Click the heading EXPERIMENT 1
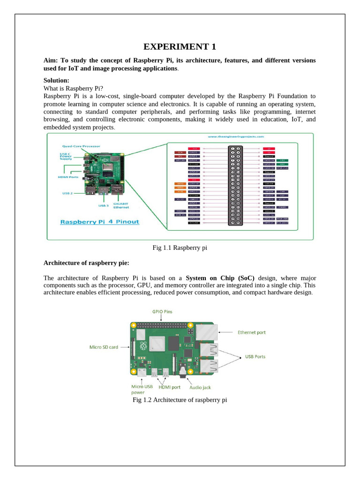coord(180,46)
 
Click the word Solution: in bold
coord(56,81)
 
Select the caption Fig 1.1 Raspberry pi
coord(180,247)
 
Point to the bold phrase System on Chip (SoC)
coord(220,277)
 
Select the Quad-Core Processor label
coord(80,146)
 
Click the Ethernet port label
coord(251,332)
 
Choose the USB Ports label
coord(255,356)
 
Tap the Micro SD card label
coord(104,347)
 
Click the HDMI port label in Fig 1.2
coord(169,387)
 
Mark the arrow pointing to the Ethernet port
coord(227,332)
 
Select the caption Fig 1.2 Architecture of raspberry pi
coord(180,400)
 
